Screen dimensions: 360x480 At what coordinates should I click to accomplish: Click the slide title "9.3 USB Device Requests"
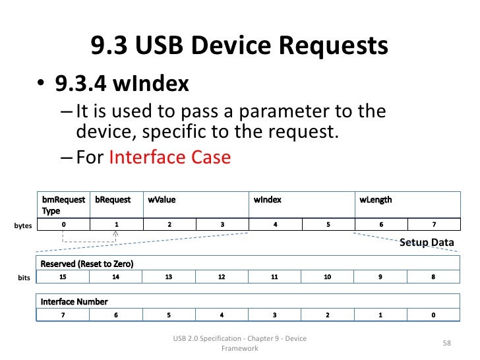(x=239, y=46)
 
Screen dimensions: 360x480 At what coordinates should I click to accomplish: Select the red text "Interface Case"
(x=170, y=158)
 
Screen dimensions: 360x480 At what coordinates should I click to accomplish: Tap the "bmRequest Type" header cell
(x=61, y=204)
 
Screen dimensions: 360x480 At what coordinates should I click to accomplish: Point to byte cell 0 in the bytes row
(x=63, y=225)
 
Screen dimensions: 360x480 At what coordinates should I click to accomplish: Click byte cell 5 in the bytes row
(x=328, y=225)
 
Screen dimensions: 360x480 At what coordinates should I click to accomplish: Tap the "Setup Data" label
(x=427, y=243)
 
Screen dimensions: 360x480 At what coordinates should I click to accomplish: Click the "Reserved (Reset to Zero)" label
(x=87, y=264)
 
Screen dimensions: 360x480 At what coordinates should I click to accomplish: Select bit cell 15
(x=63, y=278)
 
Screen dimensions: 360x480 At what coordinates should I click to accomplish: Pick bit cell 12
(x=222, y=278)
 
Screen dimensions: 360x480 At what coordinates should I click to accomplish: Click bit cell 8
(x=433, y=278)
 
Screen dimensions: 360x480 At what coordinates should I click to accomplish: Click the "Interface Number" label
(x=75, y=301)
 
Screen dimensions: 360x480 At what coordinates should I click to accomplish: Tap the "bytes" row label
(x=23, y=225)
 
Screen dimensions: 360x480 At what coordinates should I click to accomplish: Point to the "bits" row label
(x=24, y=278)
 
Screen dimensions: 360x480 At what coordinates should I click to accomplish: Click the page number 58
(x=446, y=343)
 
